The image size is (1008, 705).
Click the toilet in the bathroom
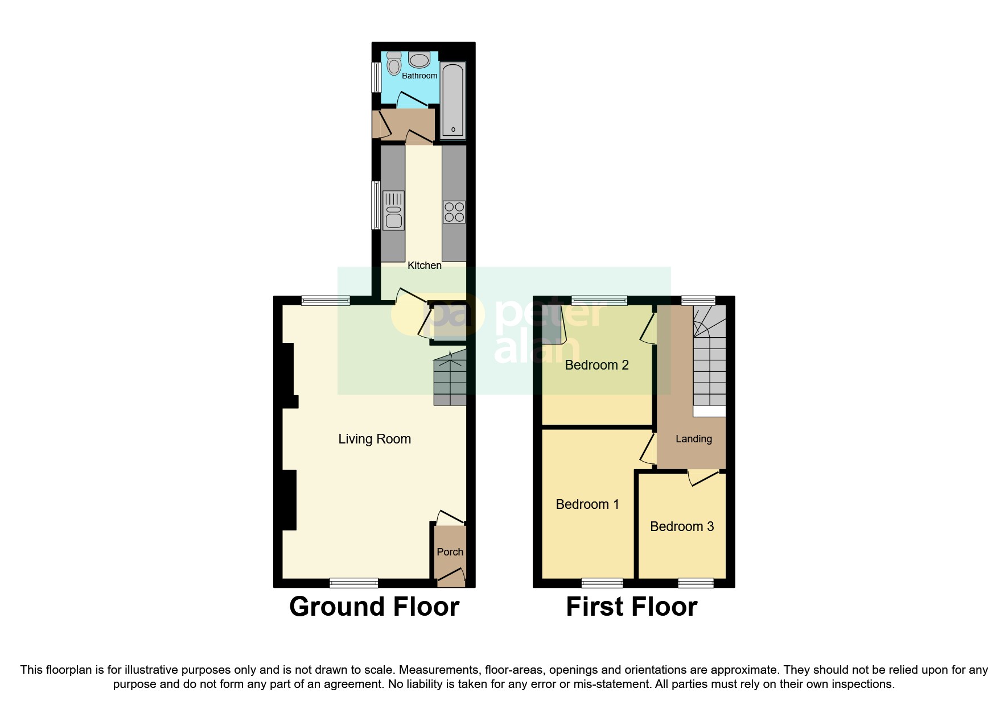click(x=393, y=64)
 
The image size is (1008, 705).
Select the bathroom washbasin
click(x=419, y=60)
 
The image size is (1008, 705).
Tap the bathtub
click(x=453, y=101)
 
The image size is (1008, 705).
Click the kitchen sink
click(x=393, y=210)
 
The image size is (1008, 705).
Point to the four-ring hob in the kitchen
click(x=454, y=212)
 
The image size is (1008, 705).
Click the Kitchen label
click(x=424, y=266)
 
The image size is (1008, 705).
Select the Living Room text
click(x=374, y=439)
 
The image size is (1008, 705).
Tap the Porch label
click(x=450, y=552)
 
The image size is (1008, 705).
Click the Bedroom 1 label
click(x=587, y=504)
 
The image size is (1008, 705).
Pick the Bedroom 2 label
click(x=596, y=365)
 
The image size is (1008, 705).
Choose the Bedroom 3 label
click(x=681, y=526)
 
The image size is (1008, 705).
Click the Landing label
click(x=693, y=439)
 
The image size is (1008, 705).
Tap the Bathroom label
click(x=419, y=76)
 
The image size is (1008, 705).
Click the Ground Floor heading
click(x=374, y=607)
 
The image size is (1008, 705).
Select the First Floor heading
click(x=631, y=607)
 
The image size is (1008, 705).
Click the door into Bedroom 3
click(x=703, y=478)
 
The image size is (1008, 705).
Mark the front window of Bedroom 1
click(x=602, y=583)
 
